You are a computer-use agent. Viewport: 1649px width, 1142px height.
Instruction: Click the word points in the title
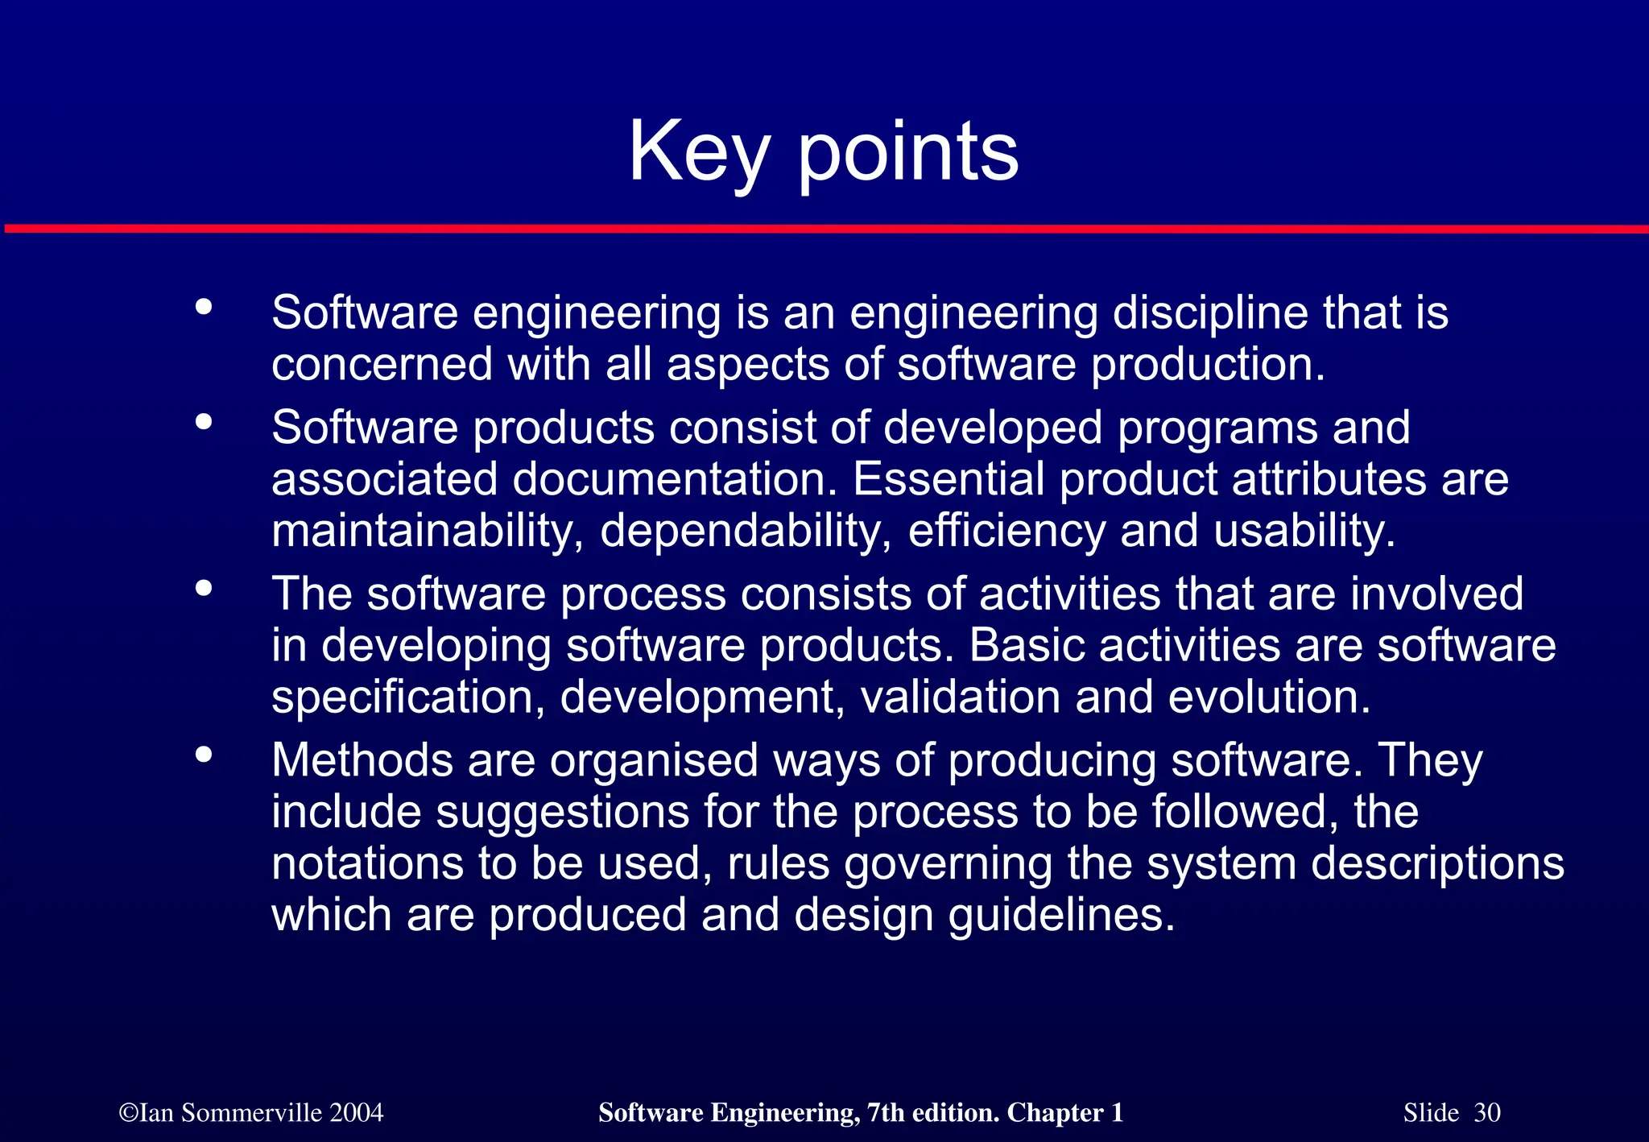pyautogui.click(x=908, y=153)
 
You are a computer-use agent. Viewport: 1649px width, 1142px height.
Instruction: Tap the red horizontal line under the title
pyautogui.click(x=824, y=230)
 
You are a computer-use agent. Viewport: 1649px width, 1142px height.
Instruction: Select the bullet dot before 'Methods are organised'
pyautogui.click(x=204, y=755)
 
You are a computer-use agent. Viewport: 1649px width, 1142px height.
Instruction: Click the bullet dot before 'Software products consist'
pyautogui.click(x=204, y=421)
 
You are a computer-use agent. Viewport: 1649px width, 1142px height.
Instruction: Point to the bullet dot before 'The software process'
pyautogui.click(x=204, y=588)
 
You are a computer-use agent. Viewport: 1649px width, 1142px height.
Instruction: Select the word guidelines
pyautogui.click(x=1062, y=916)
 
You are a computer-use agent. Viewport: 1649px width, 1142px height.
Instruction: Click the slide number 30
pyautogui.click(x=1487, y=1113)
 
